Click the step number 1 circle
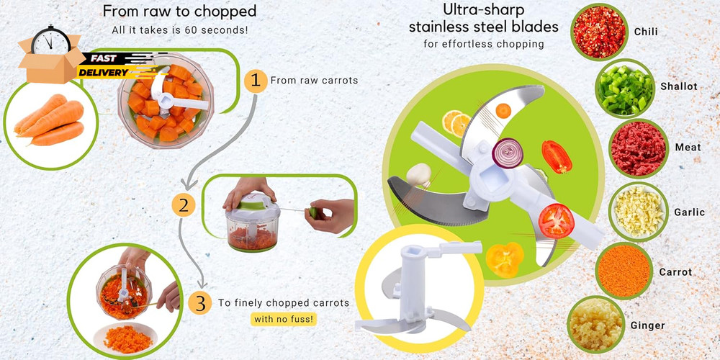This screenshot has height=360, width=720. (x=253, y=81)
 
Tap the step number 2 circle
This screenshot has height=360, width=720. (x=184, y=205)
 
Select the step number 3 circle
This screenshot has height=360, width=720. (x=200, y=303)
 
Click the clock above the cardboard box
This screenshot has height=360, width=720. (x=51, y=40)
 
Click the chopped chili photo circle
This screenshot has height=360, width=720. (x=599, y=32)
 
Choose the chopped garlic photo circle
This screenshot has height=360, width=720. (x=638, y=212)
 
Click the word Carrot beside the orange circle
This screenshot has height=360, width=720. (x=675, y=272)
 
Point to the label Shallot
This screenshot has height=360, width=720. (x=679, y=86)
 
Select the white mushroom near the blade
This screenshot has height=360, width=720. (x=419, y=175)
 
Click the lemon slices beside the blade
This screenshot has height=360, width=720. (x=456, y=123)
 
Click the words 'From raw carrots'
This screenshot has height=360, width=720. (x=314, y=81)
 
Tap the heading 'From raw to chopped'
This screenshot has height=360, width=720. (x=179, y=12)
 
